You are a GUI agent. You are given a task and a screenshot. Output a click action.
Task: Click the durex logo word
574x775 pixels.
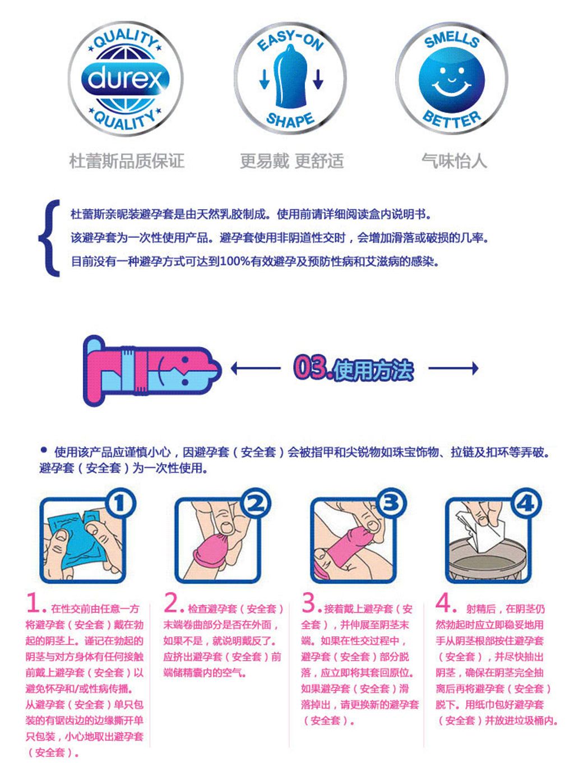pos(125,79)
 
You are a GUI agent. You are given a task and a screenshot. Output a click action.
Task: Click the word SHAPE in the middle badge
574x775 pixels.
pos(290,119)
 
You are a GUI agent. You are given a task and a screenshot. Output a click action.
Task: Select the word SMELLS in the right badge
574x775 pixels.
pos(451,40)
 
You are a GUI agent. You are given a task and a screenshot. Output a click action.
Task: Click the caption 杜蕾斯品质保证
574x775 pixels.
pos(127,161)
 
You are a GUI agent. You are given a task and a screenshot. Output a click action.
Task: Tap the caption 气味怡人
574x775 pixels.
pos(454,161)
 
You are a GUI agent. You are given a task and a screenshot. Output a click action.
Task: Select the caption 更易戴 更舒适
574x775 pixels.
pos(291,161)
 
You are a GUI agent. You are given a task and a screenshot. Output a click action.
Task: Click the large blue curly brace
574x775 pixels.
pos(50,238)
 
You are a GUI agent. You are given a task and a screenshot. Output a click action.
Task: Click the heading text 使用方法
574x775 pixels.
pos(373,370)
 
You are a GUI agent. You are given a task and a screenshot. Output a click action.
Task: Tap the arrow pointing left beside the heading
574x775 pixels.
pos(256,368)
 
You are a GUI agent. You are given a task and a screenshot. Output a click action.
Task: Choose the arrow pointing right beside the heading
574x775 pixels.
pos(453,368)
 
